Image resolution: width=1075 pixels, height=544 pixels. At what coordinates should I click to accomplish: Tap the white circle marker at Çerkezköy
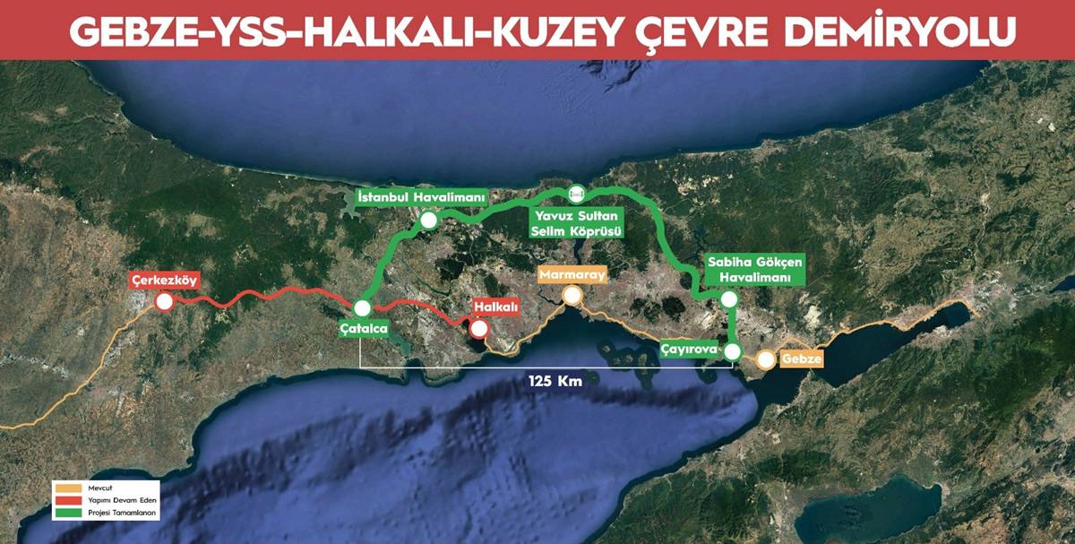pos(165,302)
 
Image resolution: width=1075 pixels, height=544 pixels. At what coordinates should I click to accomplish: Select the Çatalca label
pos(364,329)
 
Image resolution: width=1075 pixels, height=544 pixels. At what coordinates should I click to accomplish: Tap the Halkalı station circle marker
pos(479,328)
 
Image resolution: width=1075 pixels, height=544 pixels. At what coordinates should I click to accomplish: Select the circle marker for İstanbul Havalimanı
pos(429,220)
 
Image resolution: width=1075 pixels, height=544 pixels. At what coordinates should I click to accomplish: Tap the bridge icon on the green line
pos(577,192)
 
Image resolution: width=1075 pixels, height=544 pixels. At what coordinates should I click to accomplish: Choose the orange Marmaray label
pos(572,274)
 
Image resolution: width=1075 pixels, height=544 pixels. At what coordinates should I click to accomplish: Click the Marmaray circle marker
pos(572,295)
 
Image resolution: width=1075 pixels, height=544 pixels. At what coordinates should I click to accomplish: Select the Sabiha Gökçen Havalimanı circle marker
pos(729,299)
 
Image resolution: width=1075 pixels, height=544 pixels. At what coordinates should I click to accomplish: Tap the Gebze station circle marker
pos(766,360)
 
